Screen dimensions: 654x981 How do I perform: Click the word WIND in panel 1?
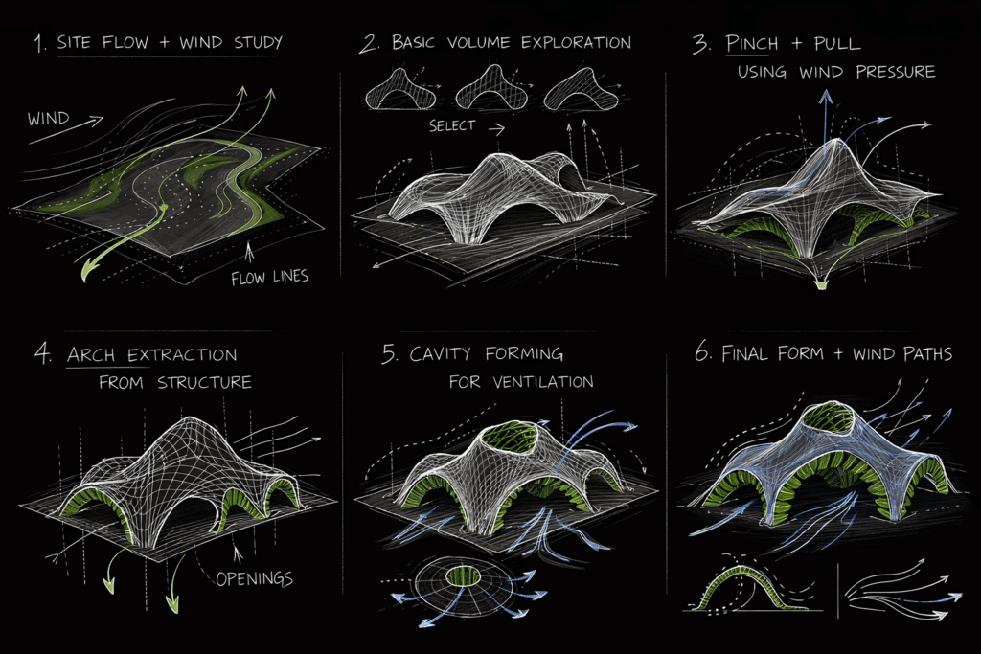point(48,120)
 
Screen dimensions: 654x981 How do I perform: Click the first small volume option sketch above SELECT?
point(395,93)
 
